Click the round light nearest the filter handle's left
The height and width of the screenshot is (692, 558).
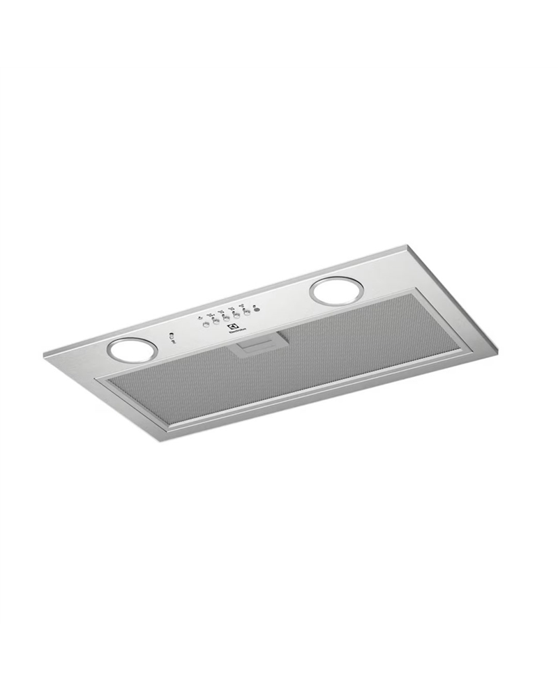(127, 350)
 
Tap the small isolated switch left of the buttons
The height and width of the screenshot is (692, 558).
(171, 337)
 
